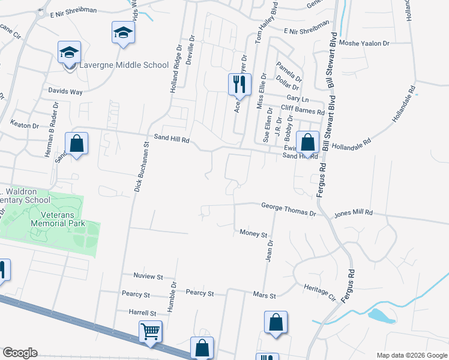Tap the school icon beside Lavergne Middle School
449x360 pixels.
coord(69,53)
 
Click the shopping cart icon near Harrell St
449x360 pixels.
coord(150,331)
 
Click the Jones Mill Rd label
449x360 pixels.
coord(354,213)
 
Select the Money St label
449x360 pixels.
coord(253,233)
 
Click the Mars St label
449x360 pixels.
coord(264,296)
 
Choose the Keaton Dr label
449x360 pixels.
coord(25,125)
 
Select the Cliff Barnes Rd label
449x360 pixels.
coord(303,110)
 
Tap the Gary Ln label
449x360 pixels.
coord(297,98)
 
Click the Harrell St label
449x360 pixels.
coord(142,313)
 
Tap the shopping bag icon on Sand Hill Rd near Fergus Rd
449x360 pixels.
coord(307,144)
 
